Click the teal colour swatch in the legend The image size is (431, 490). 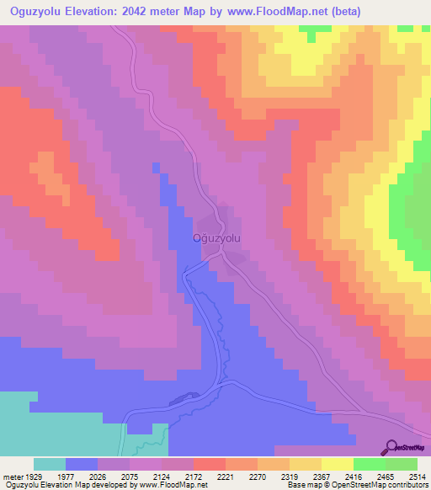[50, 464]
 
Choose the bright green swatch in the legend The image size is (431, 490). [369, 464]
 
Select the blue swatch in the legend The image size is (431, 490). [82, 464]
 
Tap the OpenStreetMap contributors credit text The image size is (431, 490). [379, 485]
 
